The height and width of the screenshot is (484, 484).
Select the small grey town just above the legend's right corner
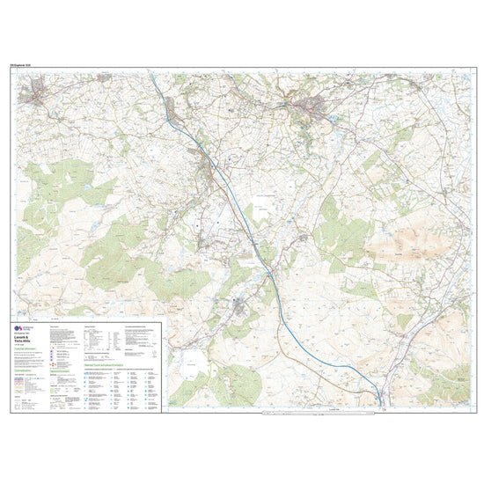coord(240,306)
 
